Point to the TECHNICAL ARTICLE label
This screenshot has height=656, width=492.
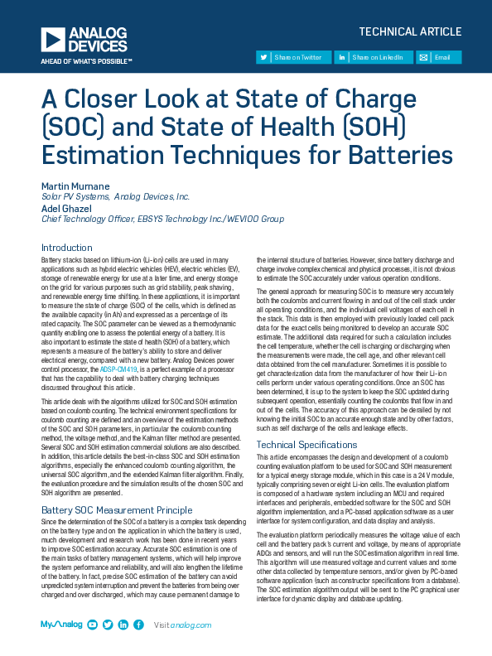410,31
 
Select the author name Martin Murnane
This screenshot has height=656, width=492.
75,185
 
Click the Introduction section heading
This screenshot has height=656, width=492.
67,248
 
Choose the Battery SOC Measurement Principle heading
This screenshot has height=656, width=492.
117,510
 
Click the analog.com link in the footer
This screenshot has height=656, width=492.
190,625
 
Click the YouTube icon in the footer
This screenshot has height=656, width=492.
94,625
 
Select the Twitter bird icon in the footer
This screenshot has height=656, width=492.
109,625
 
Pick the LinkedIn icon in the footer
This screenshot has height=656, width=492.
123,625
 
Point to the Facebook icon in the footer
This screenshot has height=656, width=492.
138,625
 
